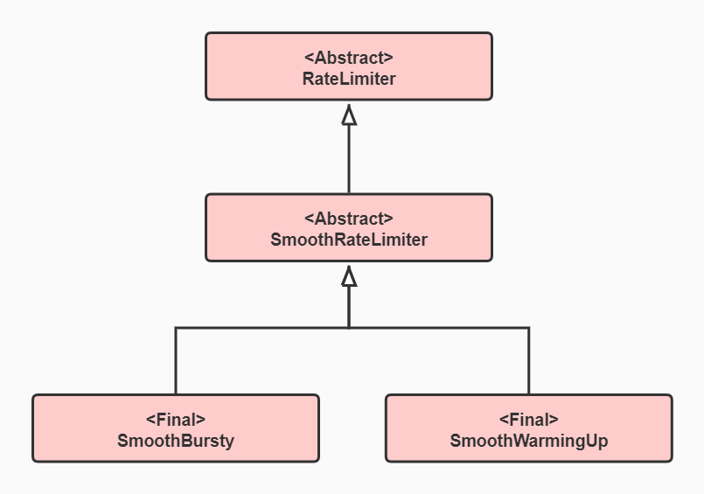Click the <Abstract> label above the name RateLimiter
click(349, 58)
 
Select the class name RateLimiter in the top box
click(349, 79)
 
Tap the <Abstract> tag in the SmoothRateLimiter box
click(349, 219)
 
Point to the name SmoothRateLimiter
click(349, 240)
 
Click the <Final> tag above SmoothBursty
click(176, 419)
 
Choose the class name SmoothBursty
click(176, 441)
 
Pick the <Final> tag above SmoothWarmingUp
click(528, 419)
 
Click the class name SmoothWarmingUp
click(528, 441)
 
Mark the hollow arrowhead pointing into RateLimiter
click(349, 115)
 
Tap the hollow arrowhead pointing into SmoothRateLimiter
click(349, 276)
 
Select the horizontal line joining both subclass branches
click(262, 328)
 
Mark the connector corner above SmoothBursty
click(176, 328)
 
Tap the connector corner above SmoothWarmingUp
click(529, 328)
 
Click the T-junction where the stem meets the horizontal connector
click(349, 328)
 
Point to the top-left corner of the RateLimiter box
click(207, 34)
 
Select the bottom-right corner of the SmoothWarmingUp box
click(671, 460)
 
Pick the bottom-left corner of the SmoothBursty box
click(34, 460)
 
